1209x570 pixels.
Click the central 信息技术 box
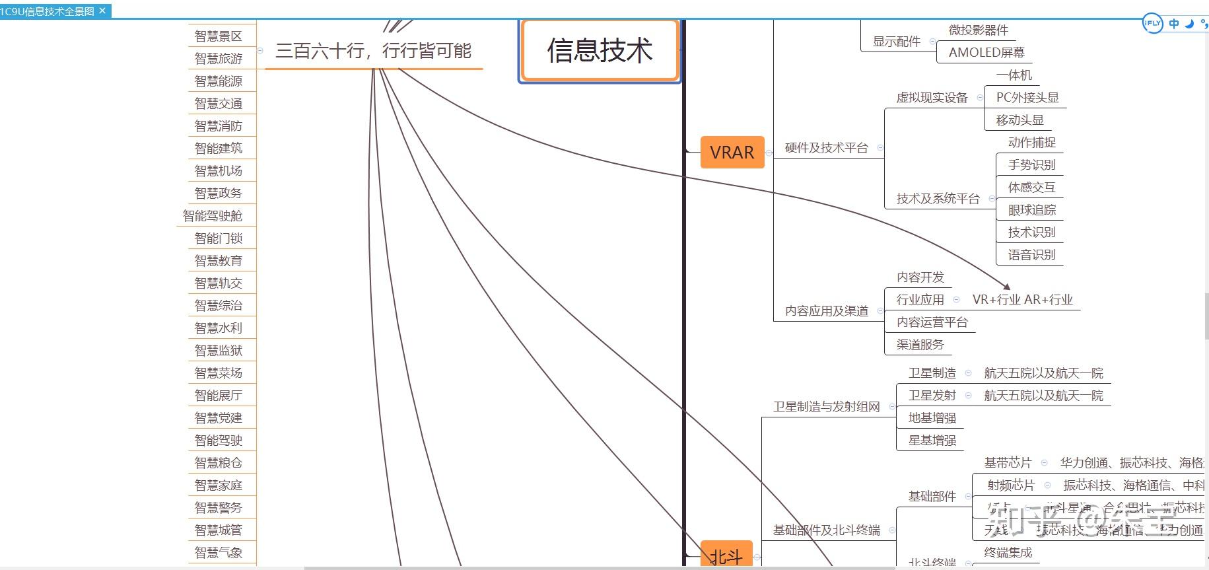tap(600, 51)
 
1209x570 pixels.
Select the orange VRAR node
tap(732, 153)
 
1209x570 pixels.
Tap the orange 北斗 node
tap(726, 557)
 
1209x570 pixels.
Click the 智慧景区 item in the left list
tap(219, 36)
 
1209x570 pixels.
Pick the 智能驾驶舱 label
tap(213, 216)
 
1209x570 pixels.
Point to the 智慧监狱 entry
tap(219, 351)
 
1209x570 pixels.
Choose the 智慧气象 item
tap(219, 553)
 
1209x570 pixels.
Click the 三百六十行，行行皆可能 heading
tap(373, 51)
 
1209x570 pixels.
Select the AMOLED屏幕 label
tap(986, 52)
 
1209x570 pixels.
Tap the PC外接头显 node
tap(1027, 98)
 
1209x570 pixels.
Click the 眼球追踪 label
tap(1031, 210)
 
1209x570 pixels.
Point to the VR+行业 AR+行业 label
tap(1022, 300)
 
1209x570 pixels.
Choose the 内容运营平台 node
tap(932, 322)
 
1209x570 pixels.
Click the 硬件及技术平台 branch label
tap(826, 148)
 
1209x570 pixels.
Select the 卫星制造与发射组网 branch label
tap(826, 407)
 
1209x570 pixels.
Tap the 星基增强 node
tap(932, 441)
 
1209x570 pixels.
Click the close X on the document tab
tap(102, 11)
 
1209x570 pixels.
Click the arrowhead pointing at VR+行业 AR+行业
tap(1007, 287)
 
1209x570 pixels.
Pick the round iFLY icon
tap(1152, 23)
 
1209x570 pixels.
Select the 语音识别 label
tap(1031, 255)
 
